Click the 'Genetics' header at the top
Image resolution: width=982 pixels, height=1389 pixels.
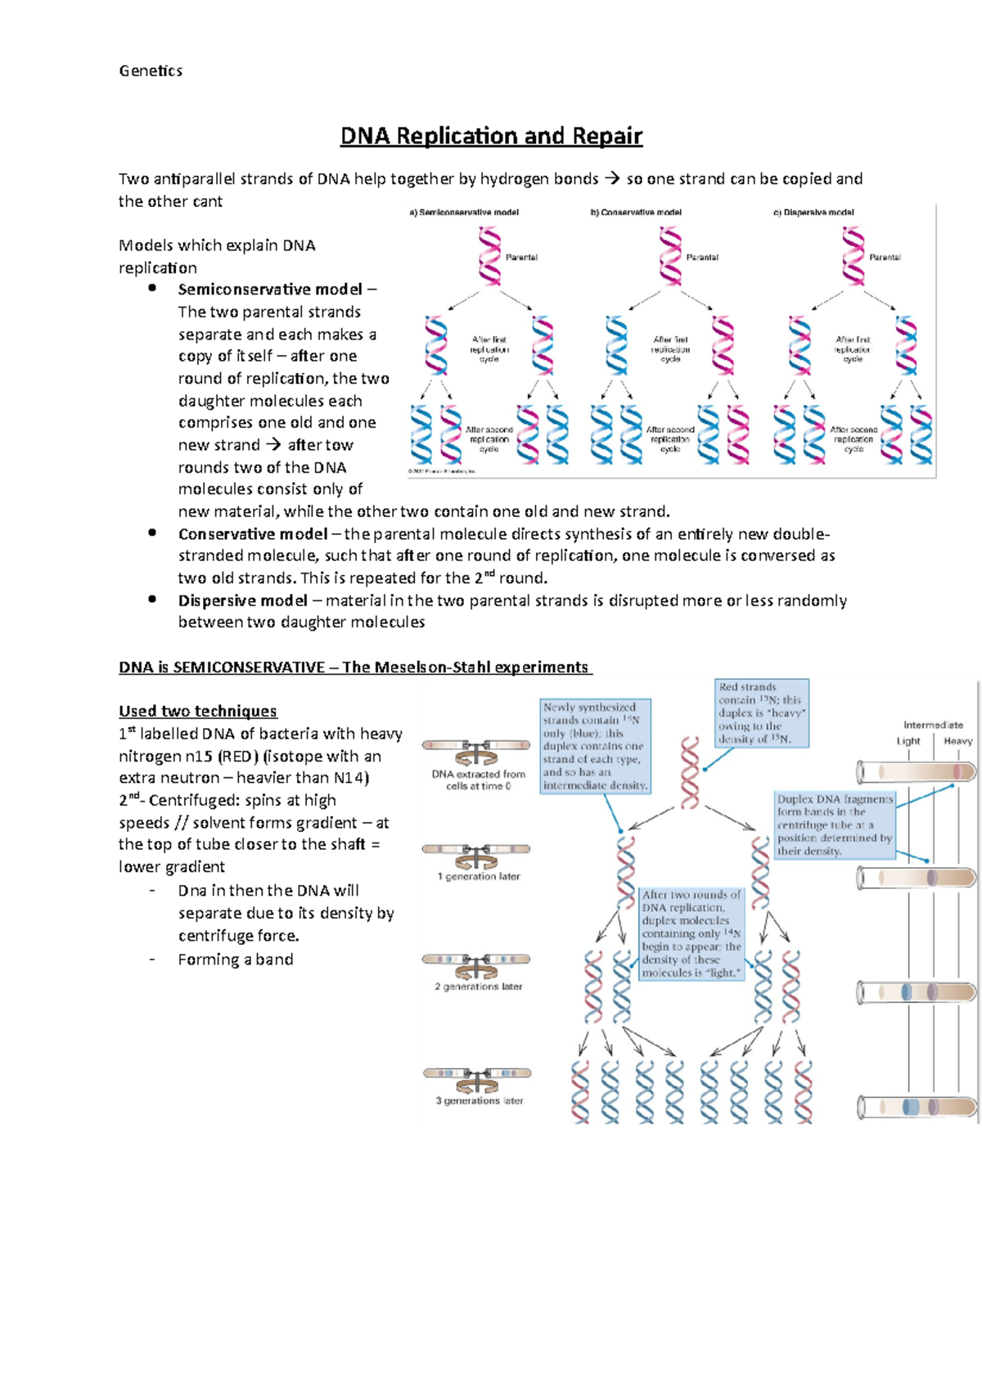coord(151,71)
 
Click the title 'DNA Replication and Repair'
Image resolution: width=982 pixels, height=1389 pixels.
coord(491,136)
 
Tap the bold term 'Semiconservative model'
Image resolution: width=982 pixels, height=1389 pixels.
coord(270,290)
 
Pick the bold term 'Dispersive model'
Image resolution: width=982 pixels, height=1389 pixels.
coord(243,600)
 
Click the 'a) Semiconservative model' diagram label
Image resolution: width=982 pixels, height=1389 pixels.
coord(464,213)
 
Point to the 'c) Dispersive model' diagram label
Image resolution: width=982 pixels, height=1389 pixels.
coord(813,213)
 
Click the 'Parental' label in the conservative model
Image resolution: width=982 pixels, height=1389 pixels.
coord(702,258)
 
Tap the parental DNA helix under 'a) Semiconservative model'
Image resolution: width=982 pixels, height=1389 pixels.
coord(489,256)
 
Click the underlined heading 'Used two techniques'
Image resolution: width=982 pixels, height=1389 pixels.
coord(198,711)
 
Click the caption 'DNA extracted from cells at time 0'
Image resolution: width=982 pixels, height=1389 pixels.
coord(479,780)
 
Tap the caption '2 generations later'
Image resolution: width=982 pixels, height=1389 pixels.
coord(479,987)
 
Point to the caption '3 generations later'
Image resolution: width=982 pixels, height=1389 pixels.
coord(480,1101)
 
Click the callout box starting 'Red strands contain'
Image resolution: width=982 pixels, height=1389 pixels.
coord(762,713)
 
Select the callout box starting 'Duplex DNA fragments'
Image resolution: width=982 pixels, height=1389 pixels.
coord(835,825)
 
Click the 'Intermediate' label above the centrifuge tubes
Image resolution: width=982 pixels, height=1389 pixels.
coord(933,725)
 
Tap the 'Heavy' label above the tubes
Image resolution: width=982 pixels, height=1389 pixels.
coord(957,741)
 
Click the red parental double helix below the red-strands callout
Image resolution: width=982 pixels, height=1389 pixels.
coord(691,772)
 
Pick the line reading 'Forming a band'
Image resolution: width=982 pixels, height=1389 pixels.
coord(236,960)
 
